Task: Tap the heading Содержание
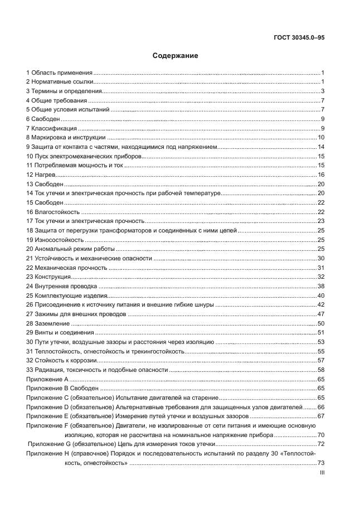coord(175,56)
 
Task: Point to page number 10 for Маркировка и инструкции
coord(321,137)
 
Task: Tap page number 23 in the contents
coord(321,221)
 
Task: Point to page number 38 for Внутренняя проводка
coord(321,286)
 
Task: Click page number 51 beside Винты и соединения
coord(321,332)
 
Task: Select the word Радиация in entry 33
coord(49,369)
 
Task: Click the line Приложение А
coord(47,379)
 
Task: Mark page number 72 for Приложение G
coord(321,444)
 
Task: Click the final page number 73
coord(321,462)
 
